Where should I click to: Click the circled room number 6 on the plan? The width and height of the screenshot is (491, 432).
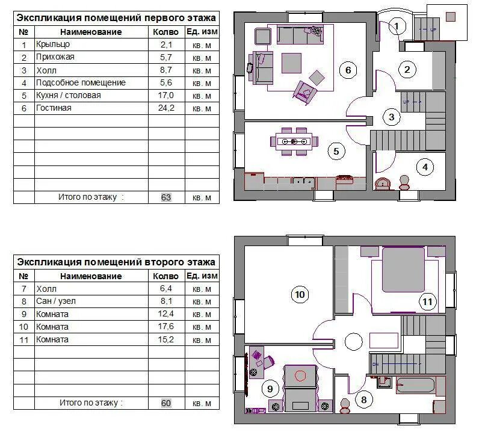(x=348, y=70)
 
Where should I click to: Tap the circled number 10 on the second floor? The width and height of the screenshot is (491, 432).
(x=300, y=294)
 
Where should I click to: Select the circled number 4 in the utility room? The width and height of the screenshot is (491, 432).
(x=425, y=167)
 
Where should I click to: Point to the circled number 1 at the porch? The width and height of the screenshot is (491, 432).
(x=397, y=26)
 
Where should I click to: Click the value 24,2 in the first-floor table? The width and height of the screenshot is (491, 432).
(x=166, y=108)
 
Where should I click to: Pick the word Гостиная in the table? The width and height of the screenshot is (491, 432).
(x=54, y=108)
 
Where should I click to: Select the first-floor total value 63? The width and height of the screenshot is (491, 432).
(x=166, y=197)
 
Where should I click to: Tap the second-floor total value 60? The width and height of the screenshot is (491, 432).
(x=166, y=403)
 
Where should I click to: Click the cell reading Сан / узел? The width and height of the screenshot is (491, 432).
(x=56, y=301)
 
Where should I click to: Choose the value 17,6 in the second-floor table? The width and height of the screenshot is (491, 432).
(x=166, y=327)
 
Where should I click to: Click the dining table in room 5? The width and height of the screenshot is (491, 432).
(x=294, y=141)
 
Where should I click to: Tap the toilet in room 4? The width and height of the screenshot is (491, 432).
(x=404, y=183)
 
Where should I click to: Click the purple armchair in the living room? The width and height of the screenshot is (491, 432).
(x=304, y=92)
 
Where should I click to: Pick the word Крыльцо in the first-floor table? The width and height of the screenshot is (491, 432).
(x=53, y=45)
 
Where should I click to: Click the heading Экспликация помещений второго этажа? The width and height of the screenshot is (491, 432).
(x=116, y=262)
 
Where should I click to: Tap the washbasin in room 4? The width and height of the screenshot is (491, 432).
(x=383, y=184)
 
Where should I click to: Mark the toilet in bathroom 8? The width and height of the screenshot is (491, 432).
(x=345, y=406)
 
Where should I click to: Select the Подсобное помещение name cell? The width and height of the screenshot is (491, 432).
(x=81, y=82)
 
